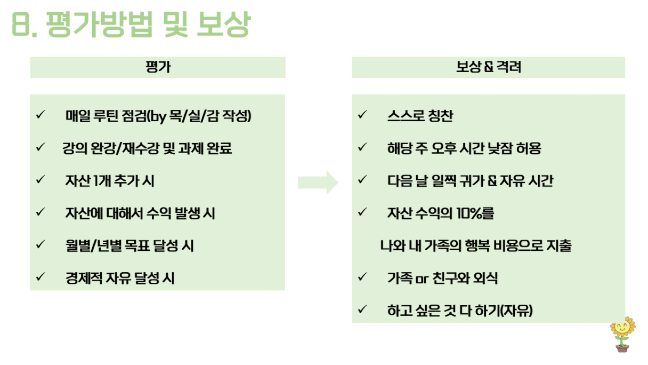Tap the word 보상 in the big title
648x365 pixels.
tap(224, 25)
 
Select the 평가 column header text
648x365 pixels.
tap(158, 67)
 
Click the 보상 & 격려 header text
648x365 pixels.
tap(488, 67)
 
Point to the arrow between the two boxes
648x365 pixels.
tap(318, 182)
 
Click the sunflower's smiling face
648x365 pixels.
tap(622, 328)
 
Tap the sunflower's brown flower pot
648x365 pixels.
tap(622, 347)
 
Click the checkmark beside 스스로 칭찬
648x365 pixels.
tap(362, 114)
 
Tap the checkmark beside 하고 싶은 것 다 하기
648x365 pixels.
tap(362, 309)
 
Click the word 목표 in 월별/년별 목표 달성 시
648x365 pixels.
tap(137, 245)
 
